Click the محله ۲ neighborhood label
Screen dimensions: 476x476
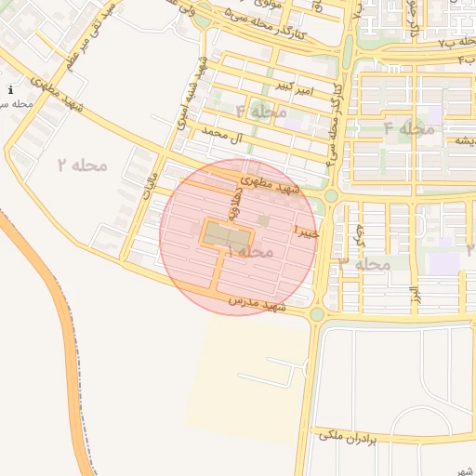(x=82, y=165)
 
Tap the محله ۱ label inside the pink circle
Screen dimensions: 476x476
(x=249, y=252)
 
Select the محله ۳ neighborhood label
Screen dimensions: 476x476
(x=365, y=263)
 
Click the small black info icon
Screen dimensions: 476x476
(x=9, y=90)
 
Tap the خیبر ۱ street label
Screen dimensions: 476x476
(x=306, y=230)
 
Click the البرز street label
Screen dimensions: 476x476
(x=413, y=298)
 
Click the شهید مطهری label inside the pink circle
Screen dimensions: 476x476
(x=271, y=186)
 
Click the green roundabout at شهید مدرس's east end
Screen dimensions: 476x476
(x=317, y=314)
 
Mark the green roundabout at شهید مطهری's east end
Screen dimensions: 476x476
(x=331, y=195)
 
